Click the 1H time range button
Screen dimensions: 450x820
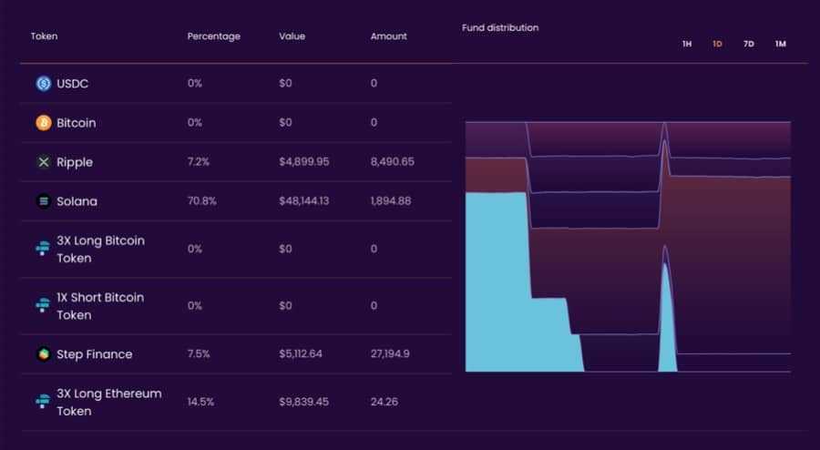pos(687,44)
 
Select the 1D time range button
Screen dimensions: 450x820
pos(717,44)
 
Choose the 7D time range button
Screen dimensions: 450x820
pos(748,44)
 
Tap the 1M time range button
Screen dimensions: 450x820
pos(780,44)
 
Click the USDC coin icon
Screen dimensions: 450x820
pos(44,84)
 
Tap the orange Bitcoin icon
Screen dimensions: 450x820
pos(44,123)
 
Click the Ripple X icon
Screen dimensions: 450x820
pos(44,162)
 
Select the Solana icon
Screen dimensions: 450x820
pos(44,201)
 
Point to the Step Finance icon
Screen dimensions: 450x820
pos(43,354)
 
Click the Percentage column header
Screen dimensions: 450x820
pos(213,36)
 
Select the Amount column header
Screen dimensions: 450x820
pos(388,36)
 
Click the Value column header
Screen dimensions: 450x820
pos(292,36)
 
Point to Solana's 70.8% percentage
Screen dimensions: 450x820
pos(201,201)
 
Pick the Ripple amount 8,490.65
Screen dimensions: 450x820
pos(392,162)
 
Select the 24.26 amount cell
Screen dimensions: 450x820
pos(384,402)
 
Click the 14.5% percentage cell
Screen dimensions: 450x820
pos(200,402)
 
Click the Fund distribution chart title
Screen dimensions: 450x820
pos(499,27)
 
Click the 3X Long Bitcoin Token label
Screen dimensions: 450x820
pos(100,250)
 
